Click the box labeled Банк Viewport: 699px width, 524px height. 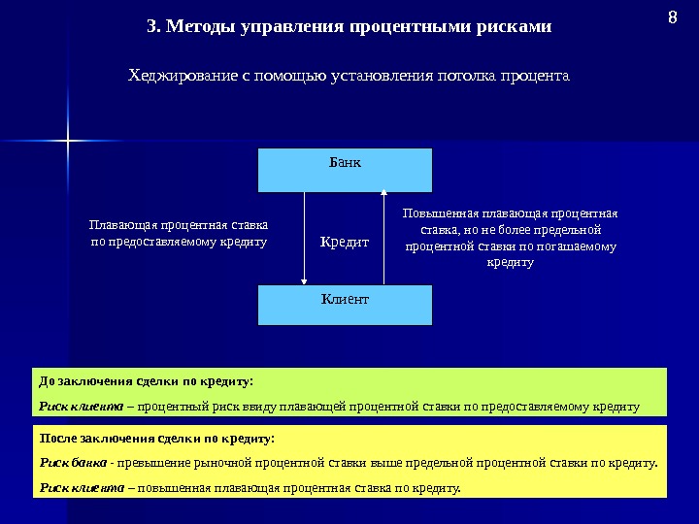coord(345,170)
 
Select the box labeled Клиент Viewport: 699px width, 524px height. coord(345,304)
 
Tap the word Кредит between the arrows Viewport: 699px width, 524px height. coord(345,242)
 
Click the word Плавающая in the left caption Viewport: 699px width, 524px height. coord(116,222)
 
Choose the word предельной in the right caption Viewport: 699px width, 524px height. coord(570,230)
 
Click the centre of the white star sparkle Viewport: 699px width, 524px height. coord(69,143)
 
